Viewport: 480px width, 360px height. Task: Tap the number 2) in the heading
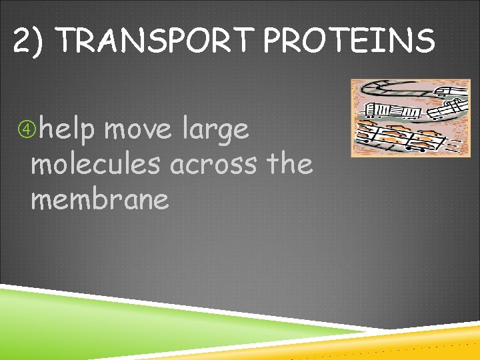[x=30, y=42]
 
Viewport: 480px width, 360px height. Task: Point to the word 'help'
[x=67, y=129]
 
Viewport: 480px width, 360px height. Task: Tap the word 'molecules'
[x=96, y=164]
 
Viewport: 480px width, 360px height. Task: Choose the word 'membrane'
[x=100, y=199]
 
